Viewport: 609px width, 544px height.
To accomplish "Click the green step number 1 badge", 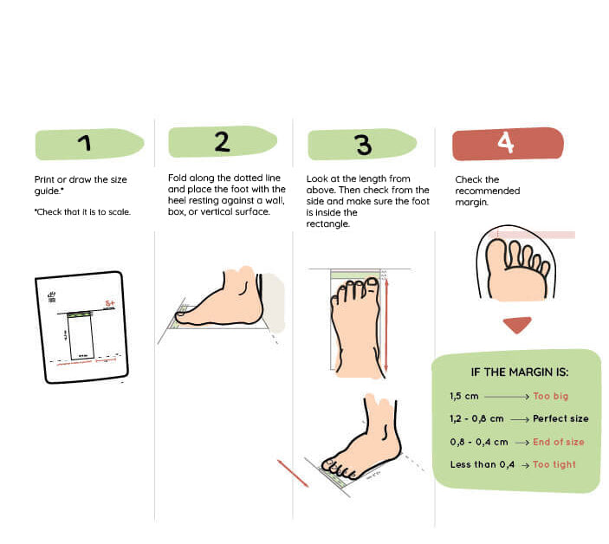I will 87,144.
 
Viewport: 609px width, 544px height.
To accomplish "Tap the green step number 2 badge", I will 222,142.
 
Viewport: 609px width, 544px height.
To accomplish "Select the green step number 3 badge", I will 362,145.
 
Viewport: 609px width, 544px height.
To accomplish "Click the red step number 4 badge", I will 508,143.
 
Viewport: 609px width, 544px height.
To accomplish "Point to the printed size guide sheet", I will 81,327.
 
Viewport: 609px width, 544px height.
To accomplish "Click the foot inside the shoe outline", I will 516,269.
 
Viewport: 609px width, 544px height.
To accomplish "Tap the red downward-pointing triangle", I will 517,325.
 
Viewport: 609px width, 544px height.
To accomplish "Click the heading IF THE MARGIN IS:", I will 519,372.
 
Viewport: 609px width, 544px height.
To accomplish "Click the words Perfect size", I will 560,418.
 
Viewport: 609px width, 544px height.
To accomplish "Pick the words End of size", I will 559,442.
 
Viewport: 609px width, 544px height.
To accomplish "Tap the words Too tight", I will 554,464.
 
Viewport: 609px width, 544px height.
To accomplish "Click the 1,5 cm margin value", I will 464,396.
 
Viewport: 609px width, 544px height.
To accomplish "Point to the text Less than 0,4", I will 482,464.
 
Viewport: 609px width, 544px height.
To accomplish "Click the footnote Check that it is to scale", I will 82,211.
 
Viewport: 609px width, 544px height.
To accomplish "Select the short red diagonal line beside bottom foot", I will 293,473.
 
